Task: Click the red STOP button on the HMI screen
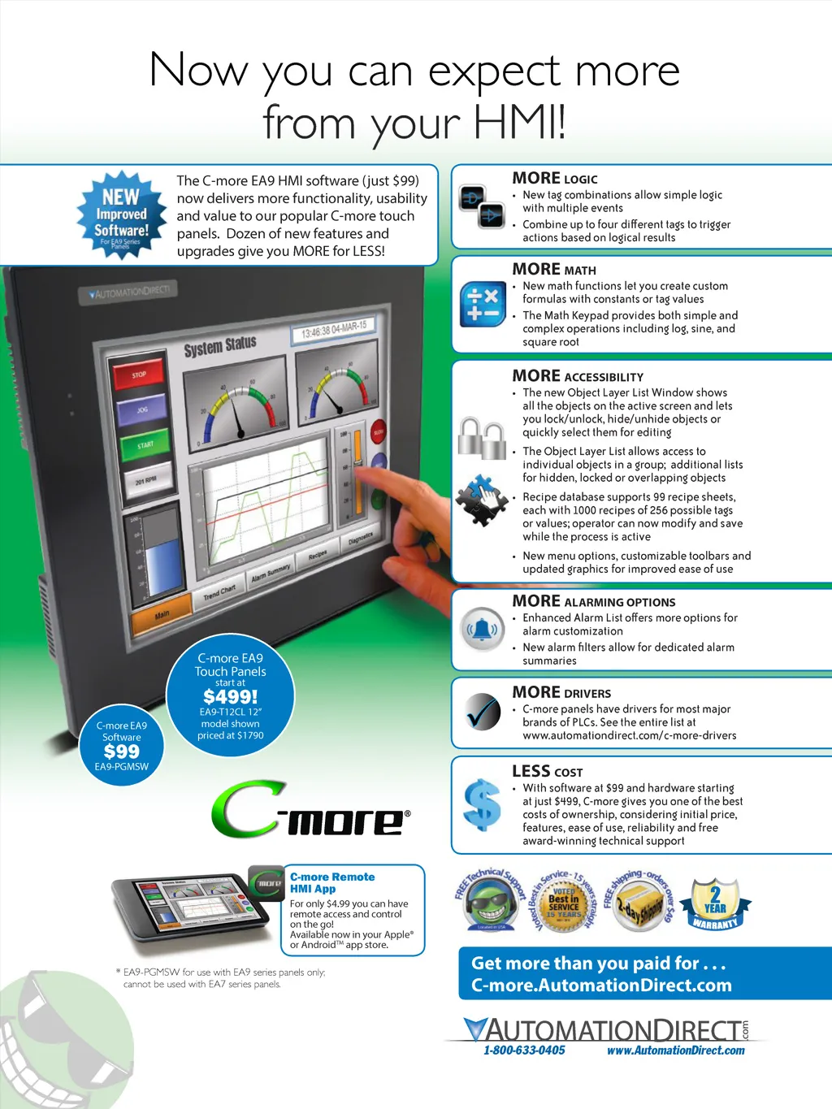coord(140,375)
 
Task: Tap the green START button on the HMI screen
coord(145,445)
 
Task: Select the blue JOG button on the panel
coord(142,409)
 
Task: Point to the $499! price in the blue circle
coord(230,697)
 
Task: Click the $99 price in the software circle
coord(122,752)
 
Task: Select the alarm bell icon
coord(483,629)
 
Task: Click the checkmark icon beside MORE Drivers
coord(483,713)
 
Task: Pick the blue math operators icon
coord(483,305)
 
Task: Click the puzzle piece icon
coord(481,499)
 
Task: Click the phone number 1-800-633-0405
coord(524,1051)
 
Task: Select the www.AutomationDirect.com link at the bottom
coord(675,1051)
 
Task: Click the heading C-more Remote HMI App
coord(332,882)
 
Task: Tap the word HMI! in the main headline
coord(519,123)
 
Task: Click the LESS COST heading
coord(547,771)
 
